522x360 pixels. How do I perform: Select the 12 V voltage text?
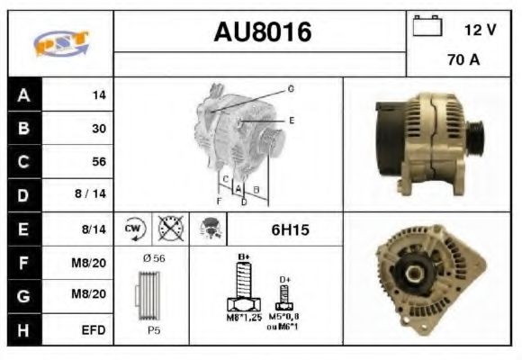pos(480,30)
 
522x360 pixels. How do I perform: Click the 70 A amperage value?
pos(463,61)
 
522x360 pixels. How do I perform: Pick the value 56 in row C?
pos(99,161)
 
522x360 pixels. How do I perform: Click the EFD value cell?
pos(94,330)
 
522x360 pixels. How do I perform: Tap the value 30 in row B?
pos(99,128)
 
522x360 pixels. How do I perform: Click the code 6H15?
pos(290,230)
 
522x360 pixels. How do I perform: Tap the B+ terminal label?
pos(242,257)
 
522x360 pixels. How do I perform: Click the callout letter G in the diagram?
pos(291,88)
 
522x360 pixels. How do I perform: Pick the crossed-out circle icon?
pos(168,229)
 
